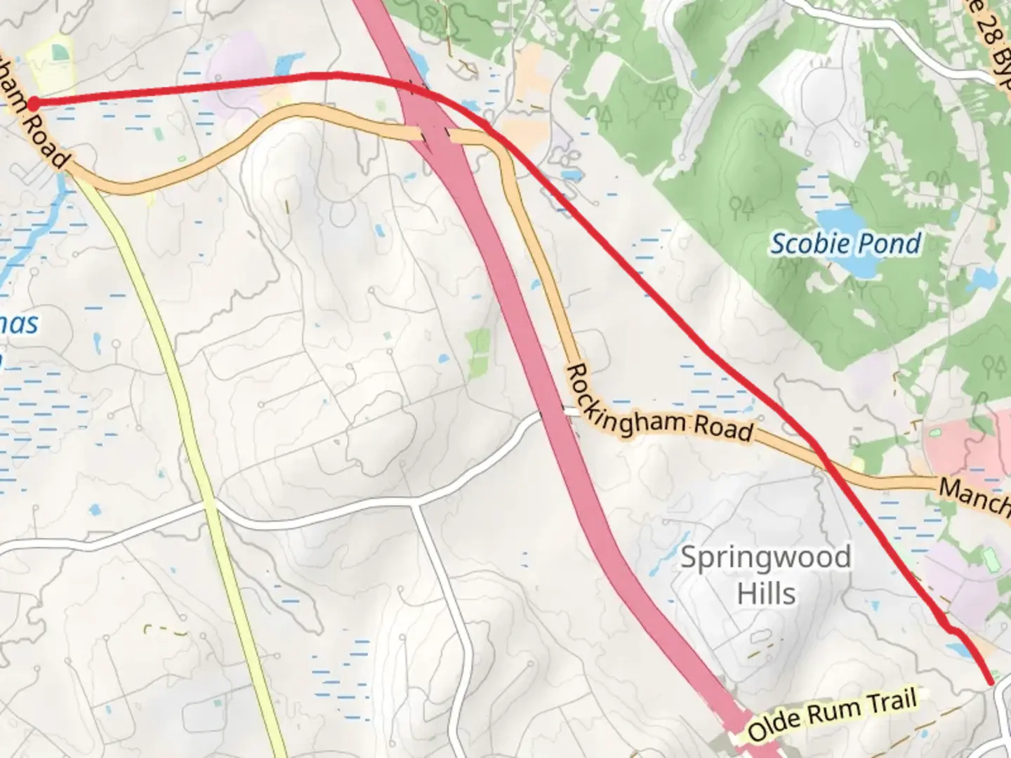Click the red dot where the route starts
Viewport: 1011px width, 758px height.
point(32,104)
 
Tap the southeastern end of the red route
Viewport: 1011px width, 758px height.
point(991,681)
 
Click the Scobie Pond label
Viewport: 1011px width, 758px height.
point(845,244)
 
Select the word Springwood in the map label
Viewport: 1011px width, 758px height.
point(765,557)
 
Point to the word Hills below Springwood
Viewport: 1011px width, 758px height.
point(766,594)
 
